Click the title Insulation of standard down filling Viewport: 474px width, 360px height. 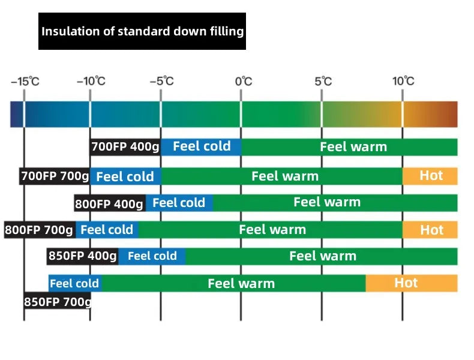pos(142,31)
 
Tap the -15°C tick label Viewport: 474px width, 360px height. pos(25,82)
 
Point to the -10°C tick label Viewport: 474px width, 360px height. pos(91,82)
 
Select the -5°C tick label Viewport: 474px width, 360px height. pos(161,82)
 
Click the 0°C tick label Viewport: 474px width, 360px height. pos(242,82)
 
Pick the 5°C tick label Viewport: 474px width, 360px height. pos(322,82)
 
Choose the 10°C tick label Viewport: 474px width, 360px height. pos(403,82)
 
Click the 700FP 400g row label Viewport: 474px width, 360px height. pos(125,147)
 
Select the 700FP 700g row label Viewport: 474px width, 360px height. pos(55,176)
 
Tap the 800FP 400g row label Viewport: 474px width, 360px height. pos(109,203)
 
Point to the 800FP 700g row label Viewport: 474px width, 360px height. pos(39,230)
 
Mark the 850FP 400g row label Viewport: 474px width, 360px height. pos(82,256)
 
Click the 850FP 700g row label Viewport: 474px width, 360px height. pos(58,301)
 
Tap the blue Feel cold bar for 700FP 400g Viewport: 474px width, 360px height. pos(201,147)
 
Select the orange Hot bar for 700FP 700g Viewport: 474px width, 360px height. pos(430,176)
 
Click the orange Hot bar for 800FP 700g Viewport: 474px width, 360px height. pos(430,230)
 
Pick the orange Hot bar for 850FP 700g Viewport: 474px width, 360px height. pos(412,283)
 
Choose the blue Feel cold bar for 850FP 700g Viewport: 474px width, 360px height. pos(75,283)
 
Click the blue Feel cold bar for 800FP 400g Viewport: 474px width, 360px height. pos(179,203)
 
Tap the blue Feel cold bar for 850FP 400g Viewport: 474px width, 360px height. pos(152,256)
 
